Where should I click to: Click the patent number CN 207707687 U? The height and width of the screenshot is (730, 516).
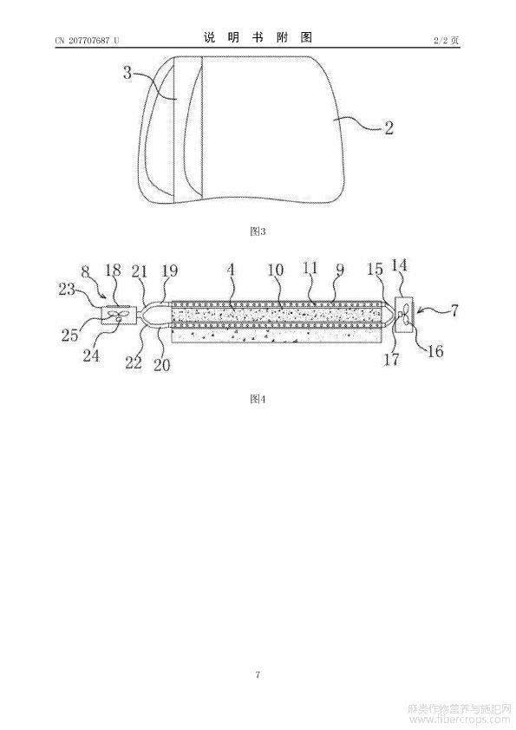point(87,41)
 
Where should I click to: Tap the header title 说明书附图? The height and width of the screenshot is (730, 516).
point(258,37)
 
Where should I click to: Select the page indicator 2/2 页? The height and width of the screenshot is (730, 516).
point(447,41)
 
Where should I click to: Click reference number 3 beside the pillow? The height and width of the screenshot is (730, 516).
point(127,73)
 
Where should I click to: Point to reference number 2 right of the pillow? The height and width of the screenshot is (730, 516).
point(389,128)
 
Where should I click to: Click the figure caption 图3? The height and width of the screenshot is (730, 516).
point(258,231)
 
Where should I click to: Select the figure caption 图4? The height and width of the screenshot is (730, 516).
point(258,399)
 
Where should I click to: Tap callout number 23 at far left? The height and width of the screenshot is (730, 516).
point(67,290)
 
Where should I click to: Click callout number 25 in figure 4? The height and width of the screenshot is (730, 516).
point(70,335)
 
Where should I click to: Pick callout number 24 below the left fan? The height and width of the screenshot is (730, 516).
point(91,355)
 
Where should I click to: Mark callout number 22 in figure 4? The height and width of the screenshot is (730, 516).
point(134,362)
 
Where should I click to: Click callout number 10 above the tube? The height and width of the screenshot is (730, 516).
point(276,270)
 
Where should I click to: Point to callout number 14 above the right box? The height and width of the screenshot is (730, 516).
point(400,265)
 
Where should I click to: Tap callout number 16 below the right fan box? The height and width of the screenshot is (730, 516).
point(435,350)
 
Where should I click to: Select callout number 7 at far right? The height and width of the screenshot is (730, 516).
point(454,310)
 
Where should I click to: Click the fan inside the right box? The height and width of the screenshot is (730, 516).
point(403,315)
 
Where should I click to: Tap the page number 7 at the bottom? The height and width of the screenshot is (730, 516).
point(258,675)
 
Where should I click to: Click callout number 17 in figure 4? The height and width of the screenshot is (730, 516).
point(392,358)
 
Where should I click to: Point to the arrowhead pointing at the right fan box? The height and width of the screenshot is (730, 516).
point(417,312)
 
